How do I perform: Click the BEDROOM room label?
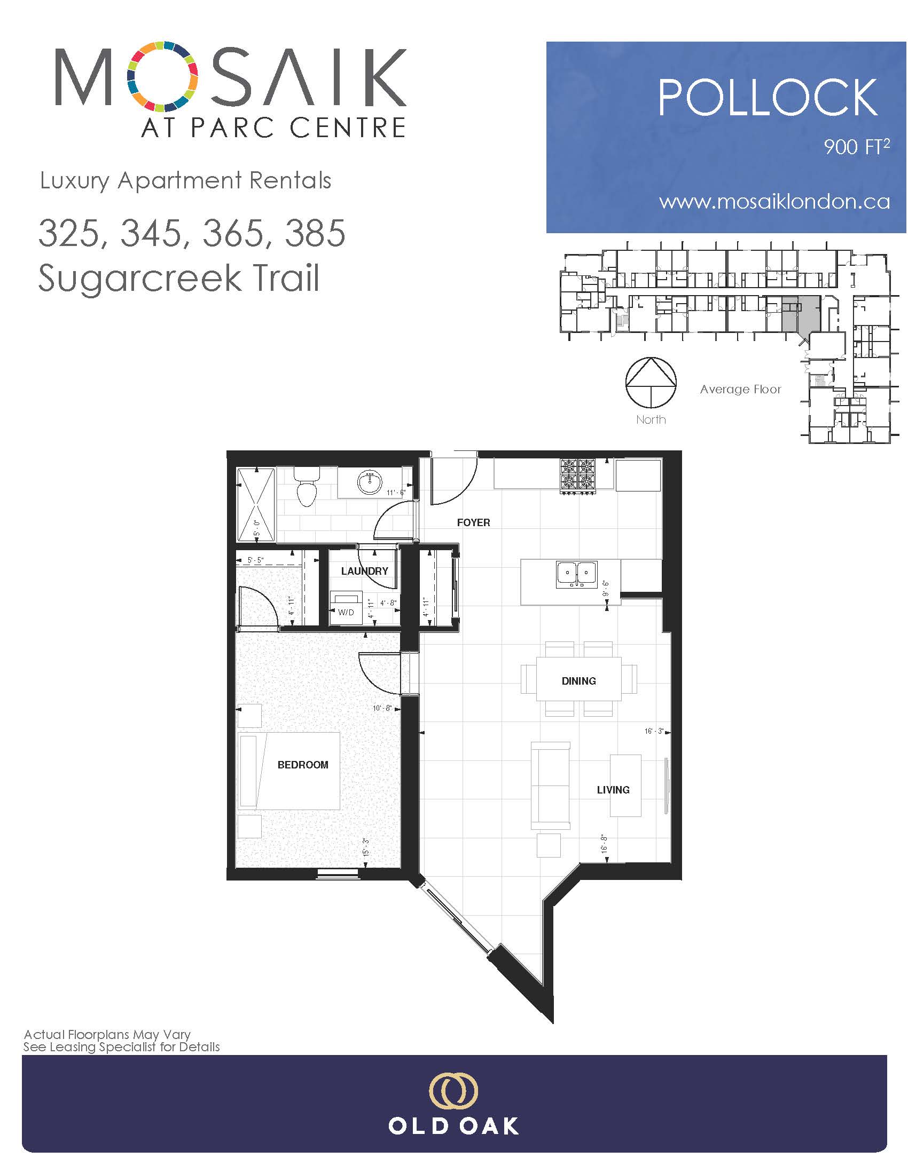tap(303, 764)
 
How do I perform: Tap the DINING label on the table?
tap(579, 680)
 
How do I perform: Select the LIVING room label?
tap(613, 790)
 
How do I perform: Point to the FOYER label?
tap(473, 522)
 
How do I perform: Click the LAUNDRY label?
tap(364, 571)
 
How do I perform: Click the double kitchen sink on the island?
tap(577, 574)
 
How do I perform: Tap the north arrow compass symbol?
tap(651, 382)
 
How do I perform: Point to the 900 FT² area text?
tap(857, 146)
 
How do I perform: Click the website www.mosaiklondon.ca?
tap(774, 202)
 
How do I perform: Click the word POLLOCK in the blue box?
tap(768, 97)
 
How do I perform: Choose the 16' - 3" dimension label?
tap(654, 731)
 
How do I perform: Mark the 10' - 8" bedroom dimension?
tap(382, 708)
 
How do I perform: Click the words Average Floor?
tap(740, 389)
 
